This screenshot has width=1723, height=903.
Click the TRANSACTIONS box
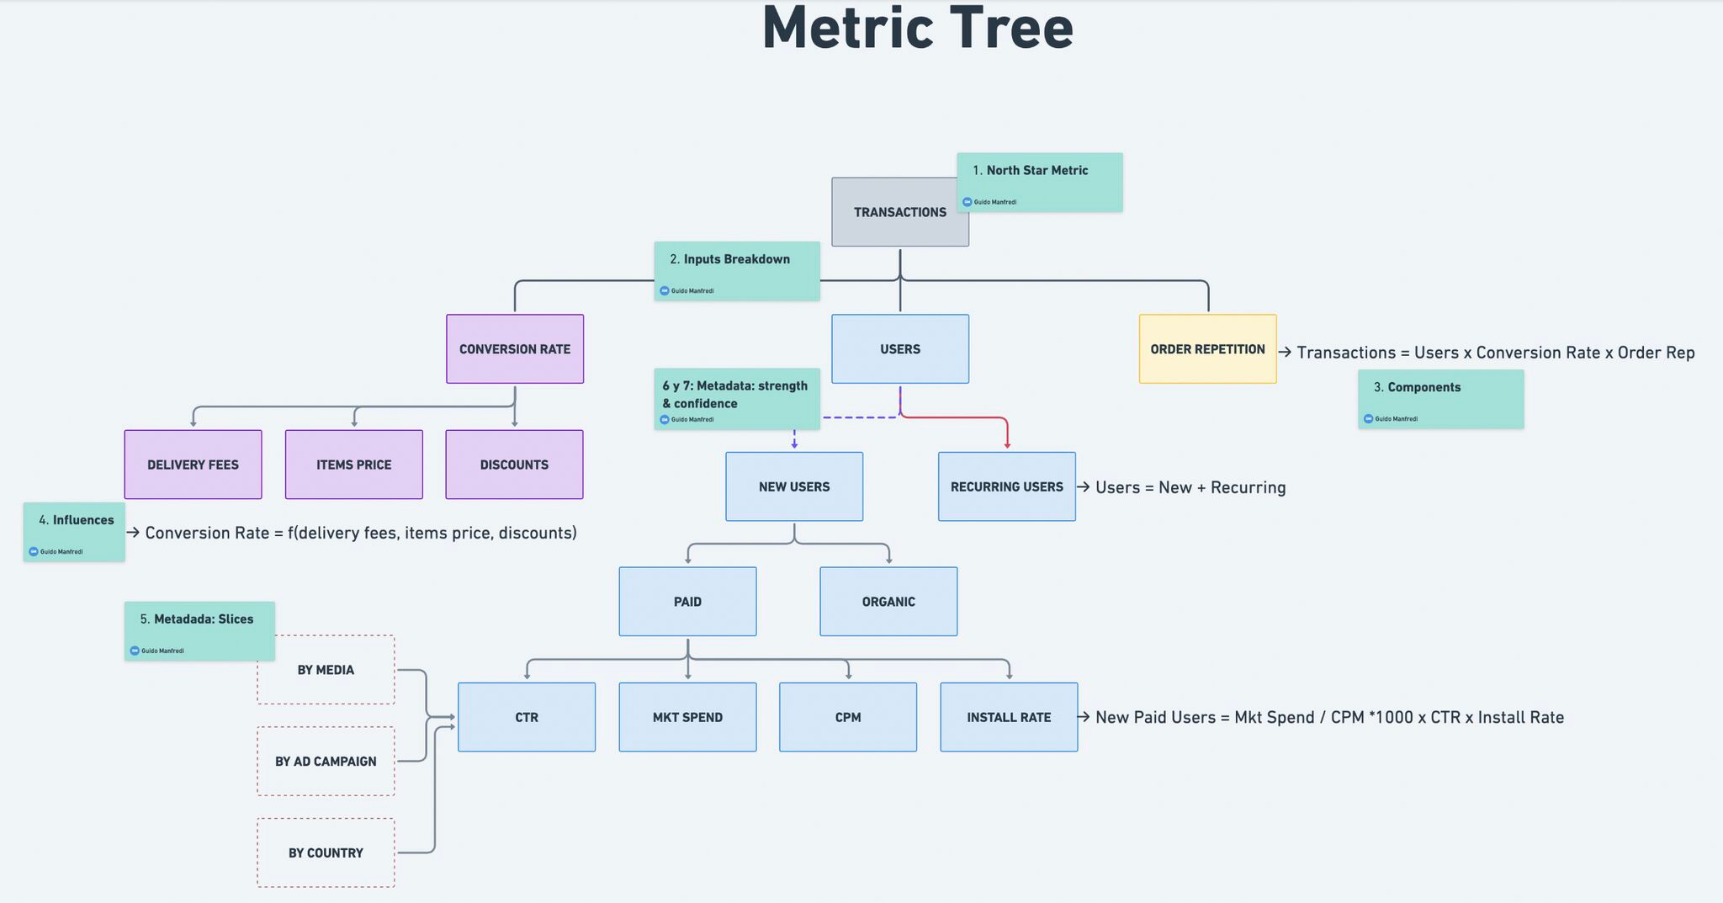[899, 212]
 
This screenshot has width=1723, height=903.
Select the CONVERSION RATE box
[514, 349]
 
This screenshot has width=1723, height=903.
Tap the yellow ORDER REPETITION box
[1207, 349]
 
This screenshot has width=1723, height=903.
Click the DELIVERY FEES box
[193, 465]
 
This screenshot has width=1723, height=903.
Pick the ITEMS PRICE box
[353, 465]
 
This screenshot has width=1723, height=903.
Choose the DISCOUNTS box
[514, 465]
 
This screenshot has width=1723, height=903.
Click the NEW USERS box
[794, 486]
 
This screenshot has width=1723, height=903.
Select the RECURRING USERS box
[1006, 486]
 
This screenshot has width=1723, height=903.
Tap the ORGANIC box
[888, 602]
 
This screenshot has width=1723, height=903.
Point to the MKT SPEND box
[687, 717]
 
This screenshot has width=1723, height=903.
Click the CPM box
[848, 717]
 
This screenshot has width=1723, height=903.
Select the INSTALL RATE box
[1009, 717]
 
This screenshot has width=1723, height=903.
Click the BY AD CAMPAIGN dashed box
[326, 762]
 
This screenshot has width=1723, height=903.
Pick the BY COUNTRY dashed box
[326, 853]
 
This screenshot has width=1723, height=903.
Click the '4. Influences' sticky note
[75, 532]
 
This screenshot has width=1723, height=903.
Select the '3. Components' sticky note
[1440, 399]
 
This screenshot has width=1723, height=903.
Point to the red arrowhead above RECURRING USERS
[1007, 444]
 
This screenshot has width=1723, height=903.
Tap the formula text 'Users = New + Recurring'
[1190, 487]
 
